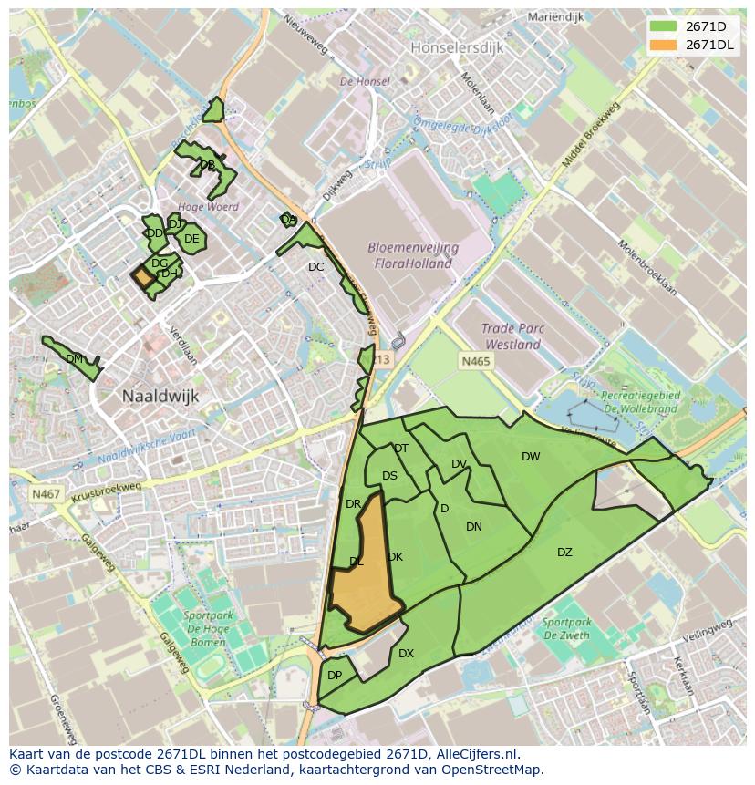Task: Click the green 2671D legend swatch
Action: (663, 26)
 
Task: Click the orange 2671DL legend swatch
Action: (663, 45)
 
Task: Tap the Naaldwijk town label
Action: (160, 396)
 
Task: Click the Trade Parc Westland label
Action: (512, 337)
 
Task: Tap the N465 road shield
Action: (475, 362)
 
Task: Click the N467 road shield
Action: (46, 494)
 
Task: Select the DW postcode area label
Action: (531, 456)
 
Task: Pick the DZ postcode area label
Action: (564, 553)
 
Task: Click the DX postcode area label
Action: (406, 653)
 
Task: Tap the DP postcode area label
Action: (335, 676)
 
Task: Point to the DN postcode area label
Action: (474, 527)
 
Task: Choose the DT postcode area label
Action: (401, 448)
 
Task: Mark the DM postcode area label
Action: (75, 359)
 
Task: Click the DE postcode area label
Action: (191, 239)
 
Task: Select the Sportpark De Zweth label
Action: (566, 629)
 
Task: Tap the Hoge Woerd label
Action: (209, 207)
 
